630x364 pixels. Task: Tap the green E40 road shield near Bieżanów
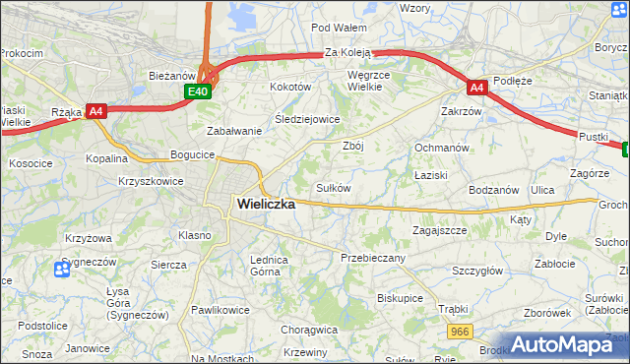click(198, 91)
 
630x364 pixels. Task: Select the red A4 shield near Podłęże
click(476, 87)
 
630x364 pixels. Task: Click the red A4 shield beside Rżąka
click(95, 111)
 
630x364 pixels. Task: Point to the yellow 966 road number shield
click(459, 333)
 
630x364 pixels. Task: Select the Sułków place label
click(333, 187)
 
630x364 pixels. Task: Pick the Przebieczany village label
click(372, 256)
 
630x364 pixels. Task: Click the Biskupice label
click(400, 297)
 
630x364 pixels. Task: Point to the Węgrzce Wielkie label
click(371, 80)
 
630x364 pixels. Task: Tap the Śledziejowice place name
click(306, 119)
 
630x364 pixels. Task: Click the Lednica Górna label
click(268, 265)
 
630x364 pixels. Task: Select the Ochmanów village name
click(440, 148)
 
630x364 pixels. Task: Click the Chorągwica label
click(308, 330)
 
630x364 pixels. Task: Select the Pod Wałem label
click(339, 28)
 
